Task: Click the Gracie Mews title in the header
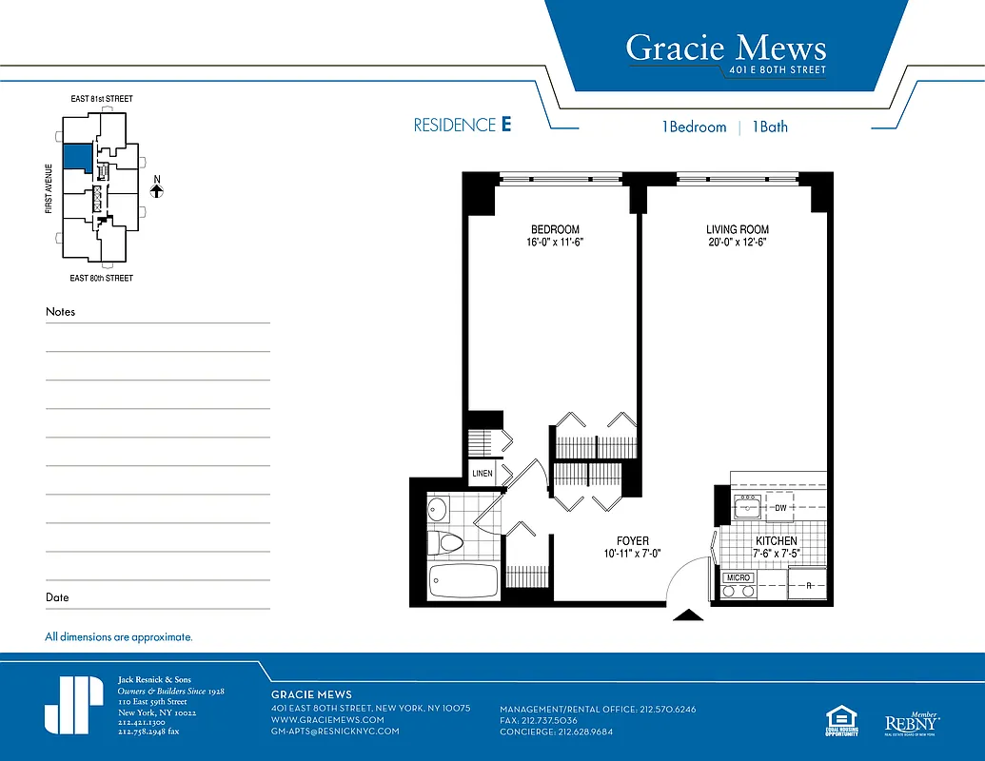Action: (x=725, y=48)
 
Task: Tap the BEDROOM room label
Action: (x=555, y=229)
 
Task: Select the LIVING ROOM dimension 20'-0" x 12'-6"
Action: (x=738, y=244)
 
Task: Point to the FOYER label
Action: (x=632, y=541)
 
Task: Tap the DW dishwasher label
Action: (x=780, y=508)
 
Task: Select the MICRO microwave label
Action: (x=739, y=577)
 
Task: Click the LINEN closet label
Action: (x=483, y=474)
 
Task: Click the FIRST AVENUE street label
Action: (x=49, y=186)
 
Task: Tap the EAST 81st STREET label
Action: (x=102, y=99)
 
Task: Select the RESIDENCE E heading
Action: (x=463, y=126)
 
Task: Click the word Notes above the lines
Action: (x=60, y=312)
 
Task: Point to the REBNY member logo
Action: (x=912, y=723)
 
